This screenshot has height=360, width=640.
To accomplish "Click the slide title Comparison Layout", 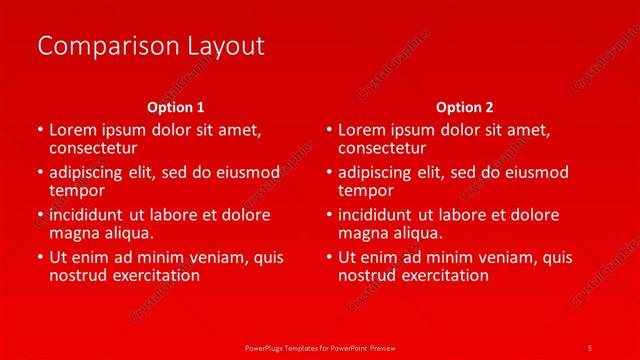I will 150,46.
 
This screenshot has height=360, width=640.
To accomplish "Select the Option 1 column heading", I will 176,107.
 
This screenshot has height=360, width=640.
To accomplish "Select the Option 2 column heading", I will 465,107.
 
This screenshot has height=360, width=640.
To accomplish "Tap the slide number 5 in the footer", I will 590,347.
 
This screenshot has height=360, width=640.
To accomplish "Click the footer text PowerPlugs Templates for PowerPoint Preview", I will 320,347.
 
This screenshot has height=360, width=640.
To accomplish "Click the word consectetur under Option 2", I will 382,148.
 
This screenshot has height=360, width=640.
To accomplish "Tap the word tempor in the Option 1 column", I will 77,190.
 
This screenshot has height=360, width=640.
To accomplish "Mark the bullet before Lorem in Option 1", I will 39,131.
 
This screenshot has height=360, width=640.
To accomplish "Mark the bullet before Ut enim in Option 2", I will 328,258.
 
